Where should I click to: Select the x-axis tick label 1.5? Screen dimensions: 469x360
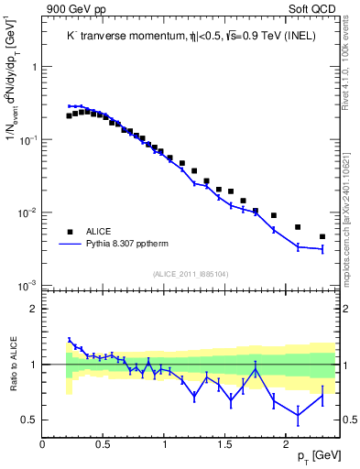point(224,444)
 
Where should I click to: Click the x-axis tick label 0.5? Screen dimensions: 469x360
point(104,444)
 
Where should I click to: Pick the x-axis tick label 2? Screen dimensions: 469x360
point(286,444)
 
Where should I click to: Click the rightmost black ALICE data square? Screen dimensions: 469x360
point(322,236)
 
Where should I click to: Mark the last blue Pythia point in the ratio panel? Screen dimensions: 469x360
point(322,395)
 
